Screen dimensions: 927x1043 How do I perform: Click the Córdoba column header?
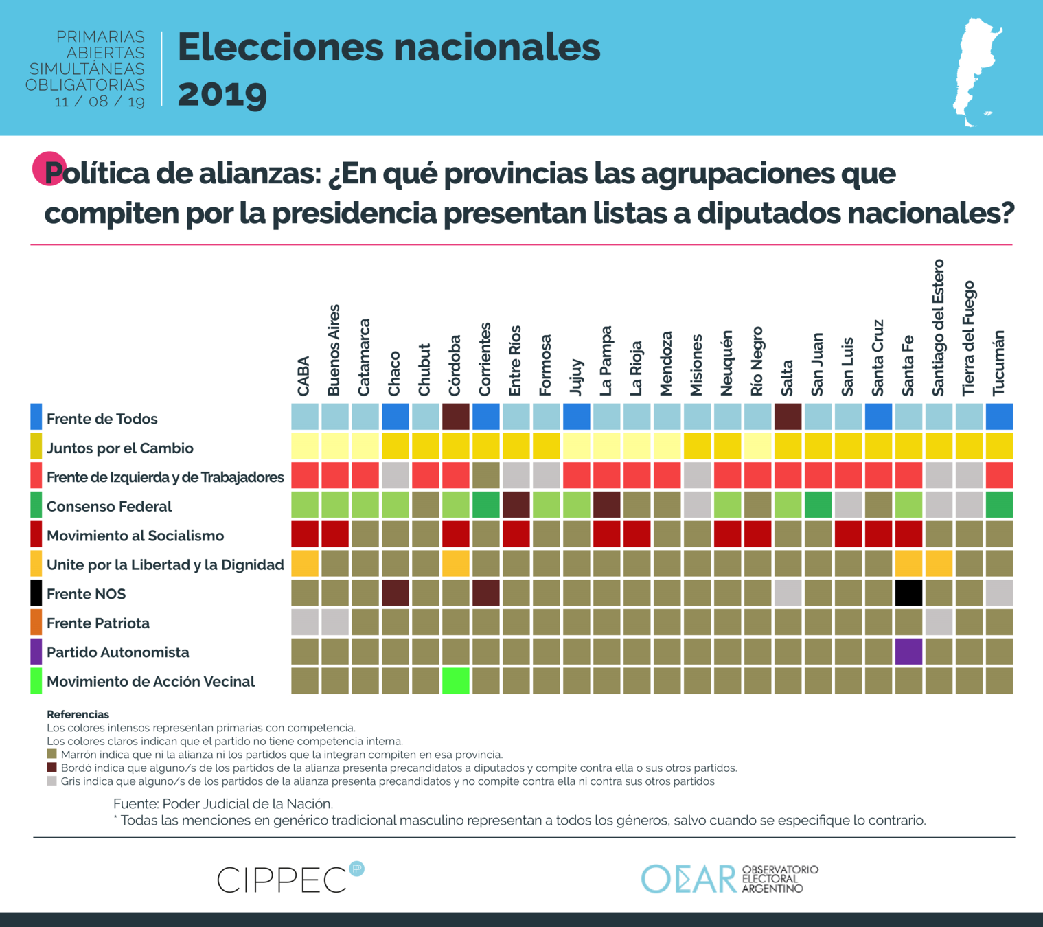(x=455, y=365)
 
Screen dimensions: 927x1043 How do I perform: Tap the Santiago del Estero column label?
(x=939, y=328)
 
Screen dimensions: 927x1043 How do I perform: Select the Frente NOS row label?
(x=86, y=594)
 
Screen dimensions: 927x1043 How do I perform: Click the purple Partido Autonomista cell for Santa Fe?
(x=908, y=652)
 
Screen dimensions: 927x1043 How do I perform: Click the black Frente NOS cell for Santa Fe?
(x=908, y=593)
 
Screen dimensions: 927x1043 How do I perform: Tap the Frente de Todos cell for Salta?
(x=788, y=417)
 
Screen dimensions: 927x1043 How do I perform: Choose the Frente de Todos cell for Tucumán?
(x=999, y=417)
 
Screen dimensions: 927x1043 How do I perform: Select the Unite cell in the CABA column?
(x=305, y=564)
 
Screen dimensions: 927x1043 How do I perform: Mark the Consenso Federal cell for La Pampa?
(x=606, y=505)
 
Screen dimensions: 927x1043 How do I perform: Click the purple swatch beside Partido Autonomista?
(x=36, y=652)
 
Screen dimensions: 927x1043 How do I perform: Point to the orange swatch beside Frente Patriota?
(x=36, y=623)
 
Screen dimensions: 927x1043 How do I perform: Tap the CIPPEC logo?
(x=289, y=878)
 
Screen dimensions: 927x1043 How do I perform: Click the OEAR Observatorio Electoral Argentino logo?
(x=729, y=878)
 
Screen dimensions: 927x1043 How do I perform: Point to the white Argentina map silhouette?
(x=976, y=72)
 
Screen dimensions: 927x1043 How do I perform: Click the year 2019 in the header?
(x=222, y=95)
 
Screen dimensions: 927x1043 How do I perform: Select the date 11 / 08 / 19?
(x=100, y=102)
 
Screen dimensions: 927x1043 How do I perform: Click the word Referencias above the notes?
(x=78, y=714)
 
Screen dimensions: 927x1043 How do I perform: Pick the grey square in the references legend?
(x=51, y=781)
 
